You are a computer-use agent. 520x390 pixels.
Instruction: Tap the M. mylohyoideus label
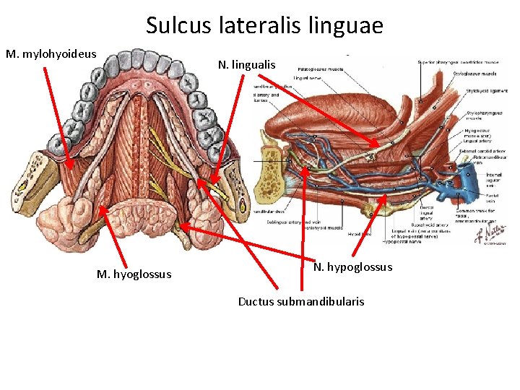click(x=51, y=54)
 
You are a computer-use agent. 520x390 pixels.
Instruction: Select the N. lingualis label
click(x=246, y=65)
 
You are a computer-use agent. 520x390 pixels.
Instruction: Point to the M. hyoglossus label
click(x=134, y=274)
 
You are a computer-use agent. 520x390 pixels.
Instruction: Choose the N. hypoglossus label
click(x=352, y=267)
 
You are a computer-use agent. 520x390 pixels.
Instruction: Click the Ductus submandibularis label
click(x=301, y=301)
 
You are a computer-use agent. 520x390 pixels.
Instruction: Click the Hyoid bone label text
click(x=358, y=234)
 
